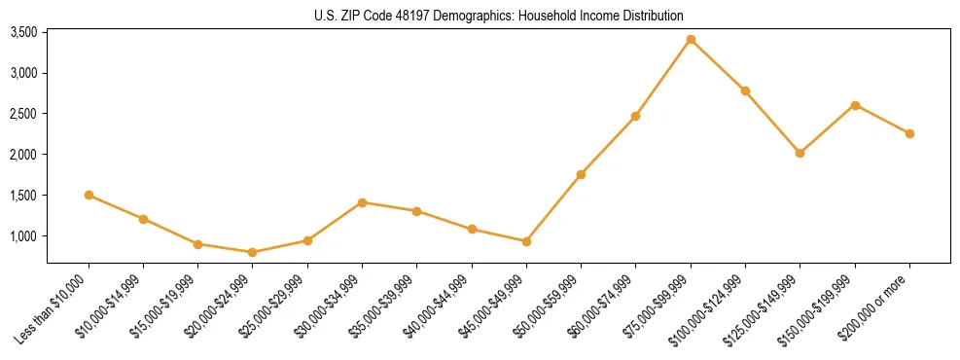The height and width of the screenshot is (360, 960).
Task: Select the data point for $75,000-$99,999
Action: pyautogui.click(x=691, y=40)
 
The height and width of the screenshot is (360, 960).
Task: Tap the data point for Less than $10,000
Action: pyautogui.click(x=89, y=195)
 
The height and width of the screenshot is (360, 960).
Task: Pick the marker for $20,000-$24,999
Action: pyautogui.click(x=253, y=252)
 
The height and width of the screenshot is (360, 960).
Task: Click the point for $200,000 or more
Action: pyautogui.click(x=909, y=133)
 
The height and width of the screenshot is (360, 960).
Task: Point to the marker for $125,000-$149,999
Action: pyautogui.click(x=800, y=153)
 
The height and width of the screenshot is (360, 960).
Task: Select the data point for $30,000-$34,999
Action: pyautogui.click(x=362, y=202)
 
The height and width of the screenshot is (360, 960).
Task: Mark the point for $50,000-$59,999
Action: pyautogui.click(x=581, y=174)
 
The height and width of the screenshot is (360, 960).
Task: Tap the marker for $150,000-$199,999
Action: pyautogui.click(x=855, y=105)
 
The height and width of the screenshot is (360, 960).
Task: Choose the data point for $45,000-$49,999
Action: pyautogui.click(x=526, y=241)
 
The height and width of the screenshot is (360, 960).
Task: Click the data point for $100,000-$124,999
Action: pyautogui.click(x=745, y=90)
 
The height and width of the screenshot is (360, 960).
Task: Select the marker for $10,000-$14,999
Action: pyautogui.click(x=143, y=219)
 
